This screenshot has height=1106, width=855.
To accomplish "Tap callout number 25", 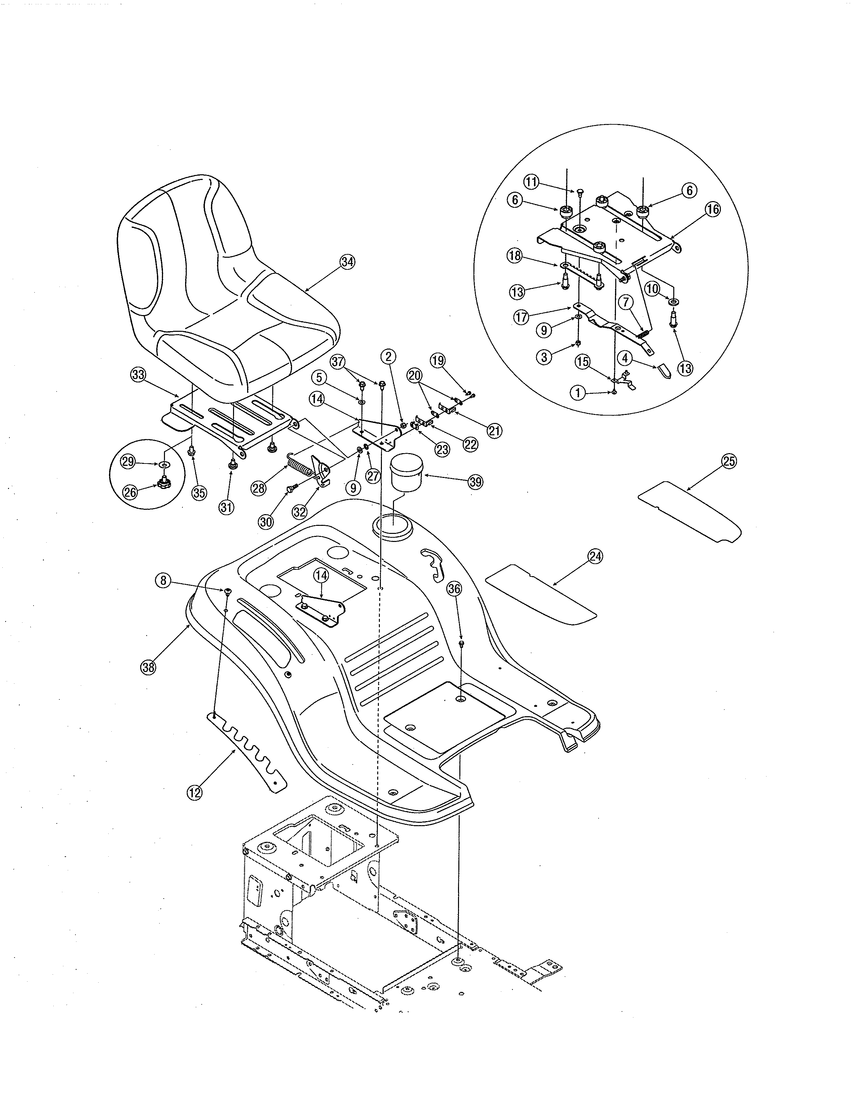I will coord(729,462).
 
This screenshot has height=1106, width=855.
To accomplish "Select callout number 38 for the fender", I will coord(148,667).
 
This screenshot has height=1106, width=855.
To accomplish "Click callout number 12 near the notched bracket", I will coord(194,793).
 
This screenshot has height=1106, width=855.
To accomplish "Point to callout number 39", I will coord(475,482).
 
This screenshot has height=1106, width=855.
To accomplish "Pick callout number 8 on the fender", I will coord(163,580).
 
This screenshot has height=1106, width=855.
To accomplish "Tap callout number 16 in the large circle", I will coord(712,209).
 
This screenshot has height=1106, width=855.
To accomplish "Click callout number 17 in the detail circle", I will coord(521,317).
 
